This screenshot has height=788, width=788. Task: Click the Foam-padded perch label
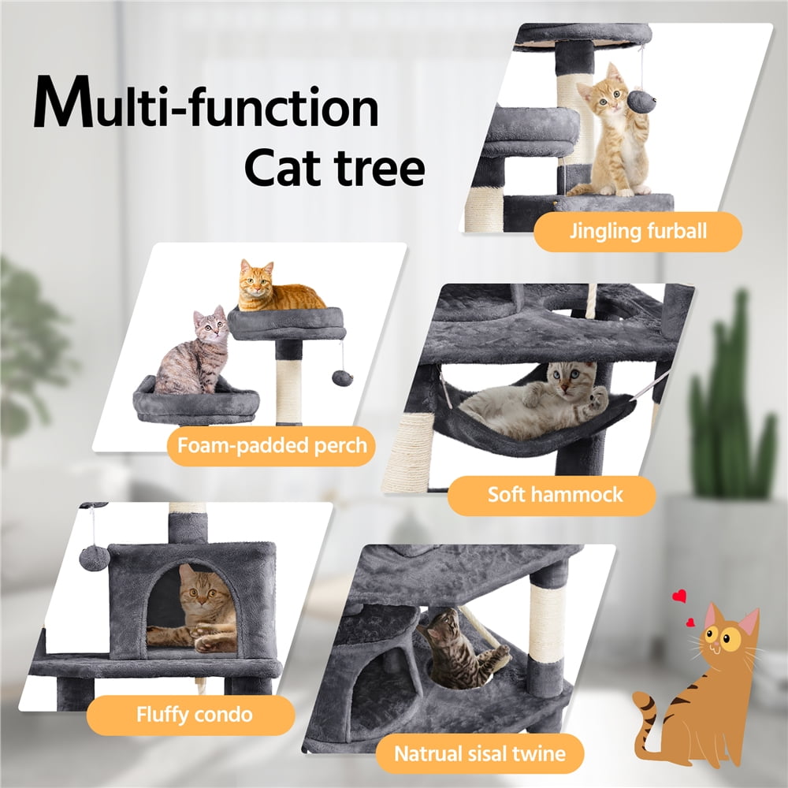(x=272, y=446)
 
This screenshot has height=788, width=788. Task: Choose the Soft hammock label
(x=555, y=496)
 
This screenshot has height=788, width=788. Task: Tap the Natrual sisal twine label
(x=480, y=753)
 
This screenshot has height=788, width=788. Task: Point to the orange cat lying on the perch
(x=276, y=289)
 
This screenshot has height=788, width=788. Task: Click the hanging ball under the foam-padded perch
(x=342, y=378)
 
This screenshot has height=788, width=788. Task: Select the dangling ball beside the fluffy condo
(x=94, y=558)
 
